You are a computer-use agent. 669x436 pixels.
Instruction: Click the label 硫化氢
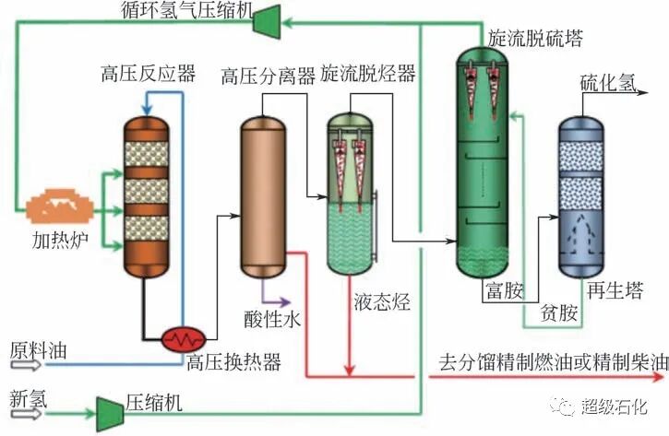click(x=607, y=84)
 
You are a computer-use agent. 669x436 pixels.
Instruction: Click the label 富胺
click(x=504, y=292)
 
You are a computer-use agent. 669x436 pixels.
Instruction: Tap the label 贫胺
click(x=560, y=314)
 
